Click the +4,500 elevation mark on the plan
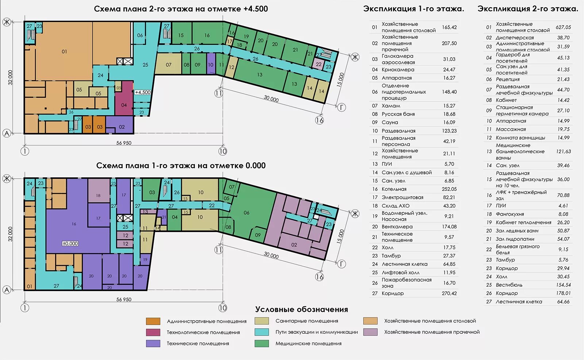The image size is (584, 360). (x=143, y=92)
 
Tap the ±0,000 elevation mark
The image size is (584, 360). (x=70, y=244)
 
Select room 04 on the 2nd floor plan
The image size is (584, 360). (x=124, y=98)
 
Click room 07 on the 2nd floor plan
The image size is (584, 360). (x=168, y=64)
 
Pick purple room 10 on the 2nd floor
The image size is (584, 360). (x=211, y=64)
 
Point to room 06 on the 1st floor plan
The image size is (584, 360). (x=246, y=212)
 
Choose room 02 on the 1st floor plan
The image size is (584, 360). (x=294, y=245)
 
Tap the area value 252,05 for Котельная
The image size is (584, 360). (x=449, y=189)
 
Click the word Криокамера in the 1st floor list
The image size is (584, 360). (x=398, y=70)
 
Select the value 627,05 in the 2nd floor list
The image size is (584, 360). (x=563, y=27)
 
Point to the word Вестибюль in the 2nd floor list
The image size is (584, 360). (x=509, y=285)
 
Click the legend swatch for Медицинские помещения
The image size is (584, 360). (x=261, y=343)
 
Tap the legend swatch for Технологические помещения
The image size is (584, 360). (x=153, y=332)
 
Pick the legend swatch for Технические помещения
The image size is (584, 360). (x=153, y=343)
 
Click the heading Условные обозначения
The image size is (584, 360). (x=301, y=309)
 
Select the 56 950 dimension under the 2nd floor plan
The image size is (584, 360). (x=124, y=143)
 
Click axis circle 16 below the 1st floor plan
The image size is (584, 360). (x=319, y=276)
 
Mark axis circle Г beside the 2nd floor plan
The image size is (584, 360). (x=342, y=107)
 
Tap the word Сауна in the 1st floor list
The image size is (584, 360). (x=390, y=123)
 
